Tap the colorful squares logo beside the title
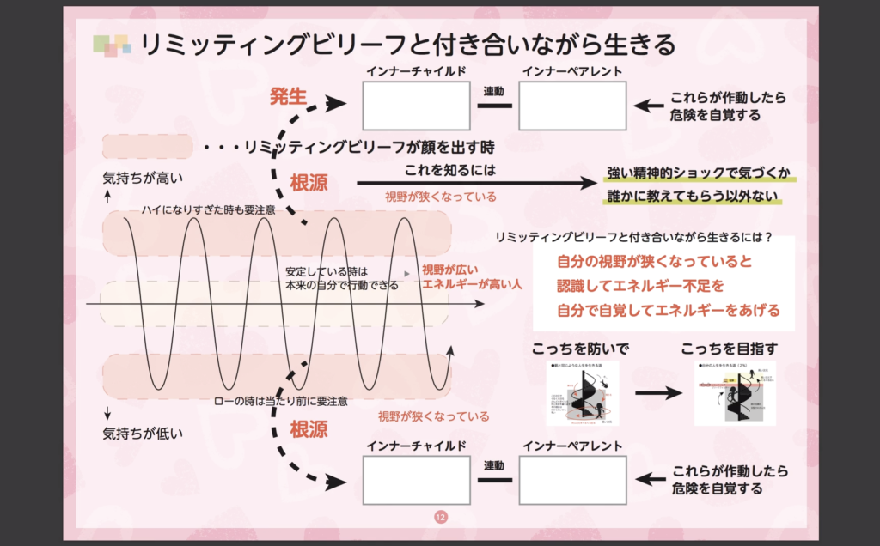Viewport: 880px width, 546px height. coord(112,45)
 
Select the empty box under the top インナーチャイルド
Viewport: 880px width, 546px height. coord(416,106)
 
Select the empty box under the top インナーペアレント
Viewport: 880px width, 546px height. coord(571,106)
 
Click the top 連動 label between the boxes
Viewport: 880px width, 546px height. coord(494,91)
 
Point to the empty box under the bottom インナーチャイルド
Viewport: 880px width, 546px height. coord(416,479)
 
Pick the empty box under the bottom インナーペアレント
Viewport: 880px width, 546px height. coord(571,479)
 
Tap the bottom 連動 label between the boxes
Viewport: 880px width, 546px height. coord(494,465)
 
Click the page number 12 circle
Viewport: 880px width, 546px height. coord(440,517)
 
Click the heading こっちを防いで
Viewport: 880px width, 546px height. coord(581,349)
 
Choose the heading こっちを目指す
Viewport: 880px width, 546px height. coord(730,349)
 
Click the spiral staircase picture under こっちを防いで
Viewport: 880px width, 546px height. coord(582,393)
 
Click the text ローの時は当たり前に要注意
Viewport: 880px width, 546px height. coord(280,401)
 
